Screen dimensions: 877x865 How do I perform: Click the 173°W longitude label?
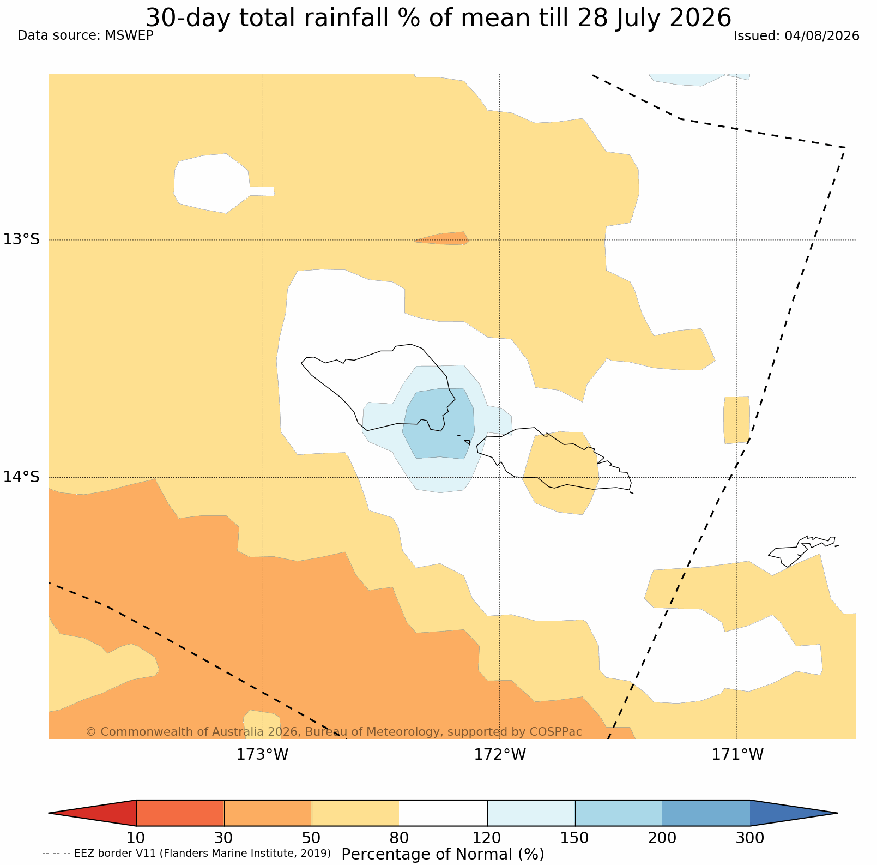click(262, 755)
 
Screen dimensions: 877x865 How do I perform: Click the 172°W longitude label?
click(500, 755)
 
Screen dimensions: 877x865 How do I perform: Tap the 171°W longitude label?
click(737, 755)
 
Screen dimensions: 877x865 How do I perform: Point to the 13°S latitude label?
click(22, 239)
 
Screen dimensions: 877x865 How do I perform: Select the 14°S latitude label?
click(22, 477)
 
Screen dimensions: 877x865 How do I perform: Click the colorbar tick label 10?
click(136, 838)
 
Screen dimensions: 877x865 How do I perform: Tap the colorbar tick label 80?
click(400, 838)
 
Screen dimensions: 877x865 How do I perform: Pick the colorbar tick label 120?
click(487, 838)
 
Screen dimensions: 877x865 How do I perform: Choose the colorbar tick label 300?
click(751, 838)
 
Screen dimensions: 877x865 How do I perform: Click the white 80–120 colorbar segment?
click(444, 813)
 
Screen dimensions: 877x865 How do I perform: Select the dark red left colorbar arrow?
click(93, 813)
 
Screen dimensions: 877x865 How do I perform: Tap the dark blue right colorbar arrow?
click(794, 813)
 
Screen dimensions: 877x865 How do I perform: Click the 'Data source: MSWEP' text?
click(86, 36)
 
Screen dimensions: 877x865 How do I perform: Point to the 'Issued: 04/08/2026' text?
click(796, 36)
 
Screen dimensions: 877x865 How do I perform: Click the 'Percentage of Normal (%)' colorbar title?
click(443, 854)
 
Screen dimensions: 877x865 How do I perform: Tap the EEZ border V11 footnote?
click(186, 853)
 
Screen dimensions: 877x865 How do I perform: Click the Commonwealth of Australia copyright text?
click(334, 731)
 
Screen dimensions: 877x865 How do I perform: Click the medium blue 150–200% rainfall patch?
click(439, 423)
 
